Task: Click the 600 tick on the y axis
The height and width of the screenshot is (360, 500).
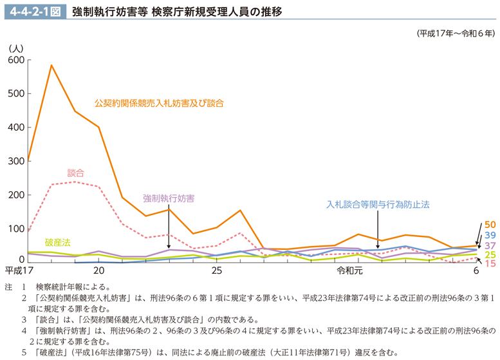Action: (16, 60)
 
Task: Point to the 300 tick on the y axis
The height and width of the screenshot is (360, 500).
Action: (16, 161)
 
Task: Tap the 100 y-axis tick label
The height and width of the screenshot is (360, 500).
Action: (16, 228)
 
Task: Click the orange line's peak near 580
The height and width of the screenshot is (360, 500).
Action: (51, 65)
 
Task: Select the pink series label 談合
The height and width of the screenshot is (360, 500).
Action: (76, 173)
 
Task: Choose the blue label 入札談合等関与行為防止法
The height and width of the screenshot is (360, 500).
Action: (377, 204)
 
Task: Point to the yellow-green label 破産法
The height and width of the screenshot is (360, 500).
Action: (58, 241)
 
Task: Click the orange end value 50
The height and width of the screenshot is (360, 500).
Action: (490, 224)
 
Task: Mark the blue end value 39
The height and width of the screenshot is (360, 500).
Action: (490, 235)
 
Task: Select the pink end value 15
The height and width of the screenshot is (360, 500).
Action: (490, 263)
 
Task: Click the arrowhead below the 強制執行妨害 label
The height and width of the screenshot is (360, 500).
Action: (169, 246)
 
